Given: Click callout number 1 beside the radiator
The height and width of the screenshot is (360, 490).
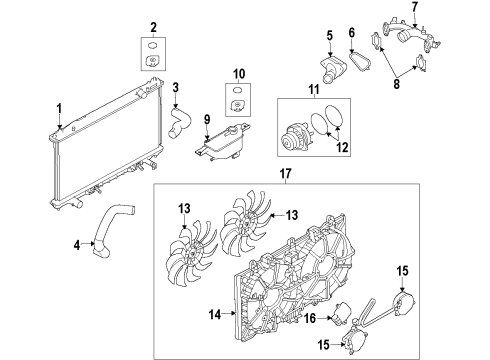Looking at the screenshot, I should click(58, 108).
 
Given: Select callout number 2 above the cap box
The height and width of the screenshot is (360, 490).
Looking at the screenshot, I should click(153, 26).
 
